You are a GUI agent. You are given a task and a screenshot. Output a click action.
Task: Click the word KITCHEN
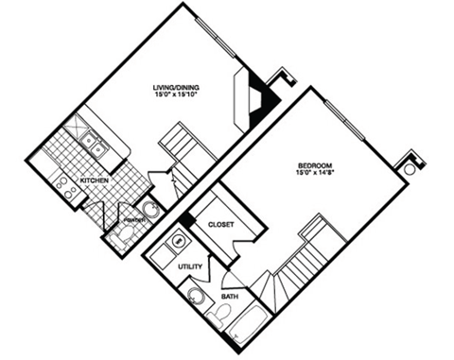click(93, 180)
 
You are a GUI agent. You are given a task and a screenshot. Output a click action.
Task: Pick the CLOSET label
click(220, 224)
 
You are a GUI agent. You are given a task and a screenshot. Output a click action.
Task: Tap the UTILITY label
click(190, 267)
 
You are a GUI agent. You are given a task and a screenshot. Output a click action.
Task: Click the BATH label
click(230, 297)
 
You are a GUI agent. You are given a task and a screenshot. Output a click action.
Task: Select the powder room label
click(134, 220)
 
